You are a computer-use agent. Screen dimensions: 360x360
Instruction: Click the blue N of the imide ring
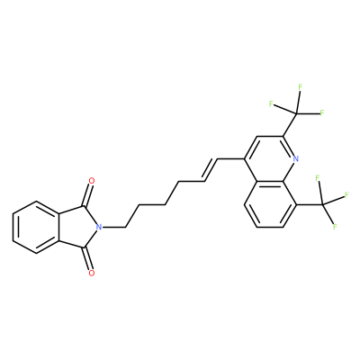coord(98,228)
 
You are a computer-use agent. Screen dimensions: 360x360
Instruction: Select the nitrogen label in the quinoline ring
coord(295,158)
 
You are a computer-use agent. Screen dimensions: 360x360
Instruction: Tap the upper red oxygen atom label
coord(92,181)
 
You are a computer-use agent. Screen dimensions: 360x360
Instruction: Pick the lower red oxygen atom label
coord(92,273)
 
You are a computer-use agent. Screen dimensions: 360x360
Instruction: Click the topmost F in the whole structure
coord(300,87)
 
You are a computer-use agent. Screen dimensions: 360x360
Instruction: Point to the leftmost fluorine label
coord(271,104)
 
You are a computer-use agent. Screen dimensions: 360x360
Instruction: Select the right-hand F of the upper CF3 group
coord(322,113)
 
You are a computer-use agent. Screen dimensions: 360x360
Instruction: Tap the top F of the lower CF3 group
coord(318,178)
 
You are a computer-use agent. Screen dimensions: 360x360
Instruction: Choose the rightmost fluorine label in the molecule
coord(346,195)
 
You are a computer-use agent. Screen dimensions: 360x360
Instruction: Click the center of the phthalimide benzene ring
coord(36,228)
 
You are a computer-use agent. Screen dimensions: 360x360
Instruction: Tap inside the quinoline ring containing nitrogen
coord(270,158)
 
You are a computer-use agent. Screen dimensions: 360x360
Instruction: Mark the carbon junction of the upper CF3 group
coord(296,113)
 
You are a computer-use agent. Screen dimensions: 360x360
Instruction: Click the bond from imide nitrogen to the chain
coord(113,228)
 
